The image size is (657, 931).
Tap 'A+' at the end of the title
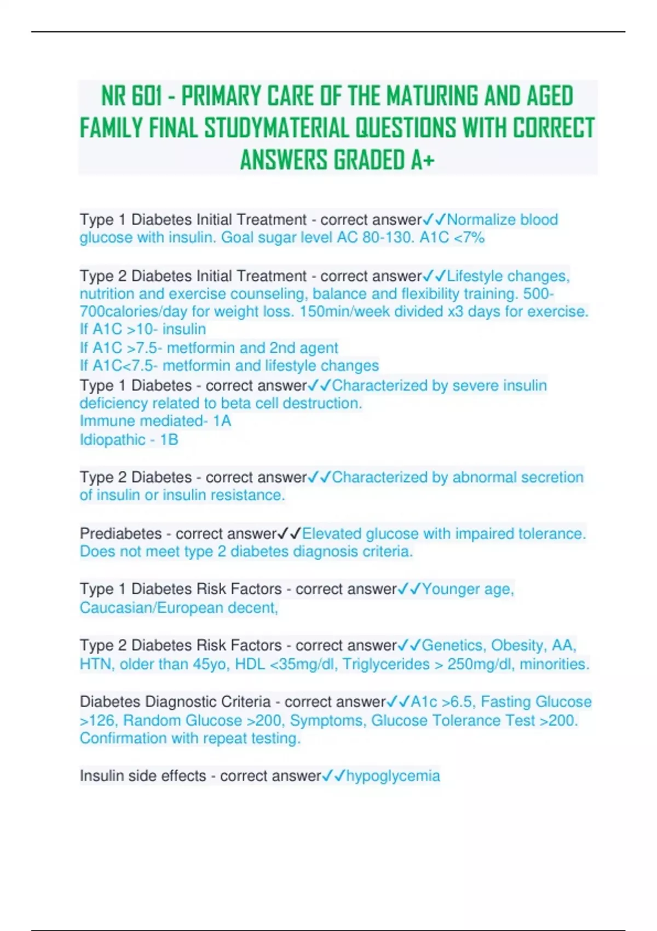422,160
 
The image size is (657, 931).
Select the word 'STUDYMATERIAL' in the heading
277,129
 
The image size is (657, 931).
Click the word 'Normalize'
481,220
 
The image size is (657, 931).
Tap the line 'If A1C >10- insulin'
143,330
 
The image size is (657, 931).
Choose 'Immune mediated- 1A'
155,421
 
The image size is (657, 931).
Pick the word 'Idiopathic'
112,440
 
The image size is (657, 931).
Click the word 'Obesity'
515,645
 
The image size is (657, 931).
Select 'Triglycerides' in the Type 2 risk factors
390,664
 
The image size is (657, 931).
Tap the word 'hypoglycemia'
393,776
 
